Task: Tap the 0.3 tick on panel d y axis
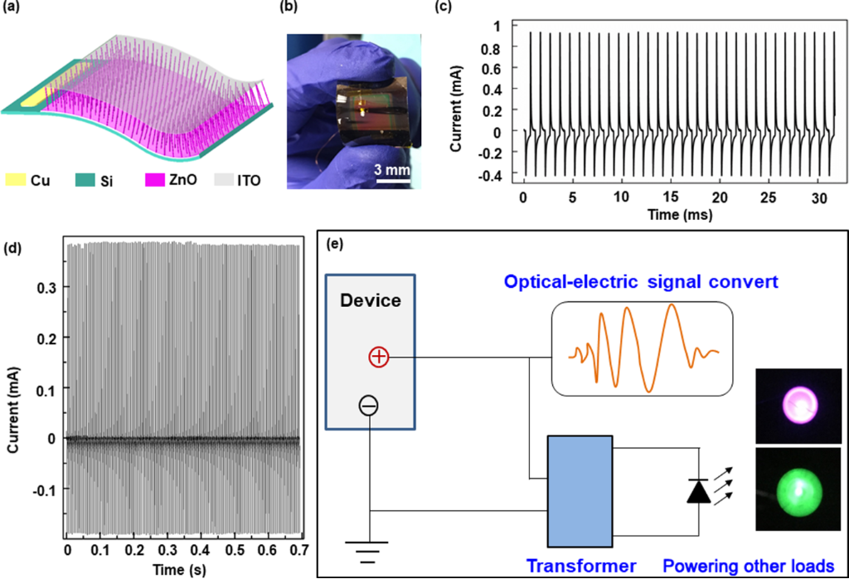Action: point(48,286)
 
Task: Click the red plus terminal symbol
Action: point(377,357)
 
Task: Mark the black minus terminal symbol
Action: point(370,405)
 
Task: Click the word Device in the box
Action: point(371,301)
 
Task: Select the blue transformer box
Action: point(579,489)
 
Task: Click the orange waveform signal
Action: point(643,348)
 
